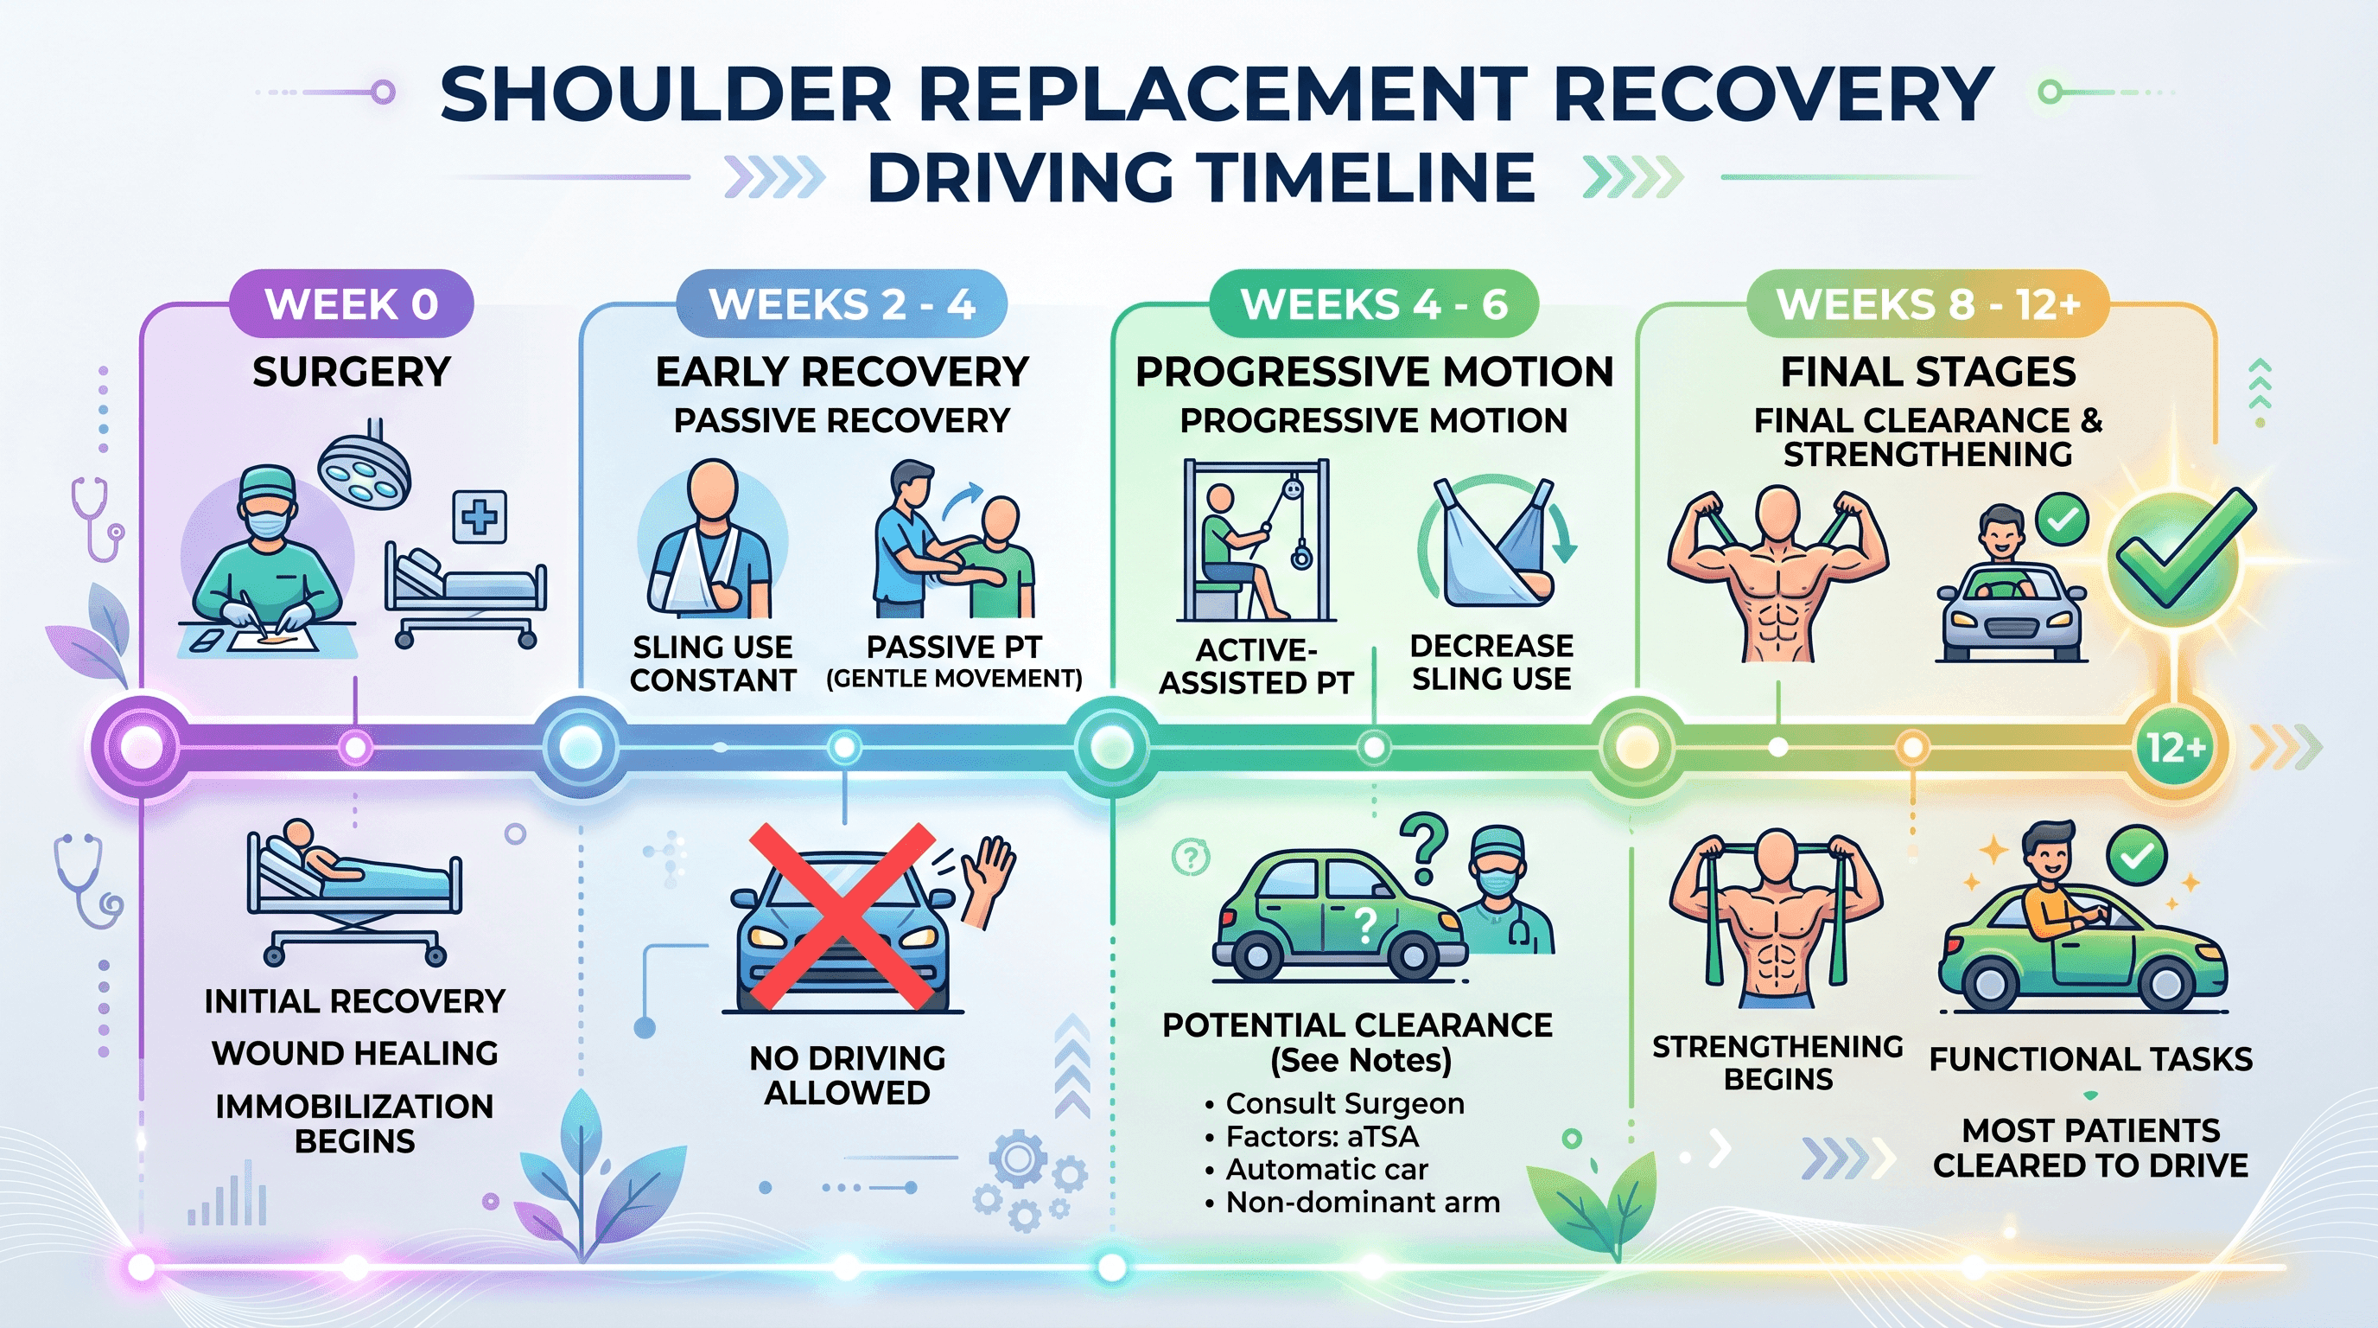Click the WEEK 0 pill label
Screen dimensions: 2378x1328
coord(351,303)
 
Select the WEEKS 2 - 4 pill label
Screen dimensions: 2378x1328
coord(841,303)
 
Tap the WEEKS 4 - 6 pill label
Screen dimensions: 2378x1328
coord(1374,303)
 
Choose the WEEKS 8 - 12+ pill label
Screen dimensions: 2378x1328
coord(1928,303)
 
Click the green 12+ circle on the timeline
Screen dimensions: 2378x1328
coord(2176,747)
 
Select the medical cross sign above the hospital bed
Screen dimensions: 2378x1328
coord(479,516)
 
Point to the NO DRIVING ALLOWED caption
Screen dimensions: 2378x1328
coord(847,1075)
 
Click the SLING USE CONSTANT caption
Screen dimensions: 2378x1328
coord(713,663)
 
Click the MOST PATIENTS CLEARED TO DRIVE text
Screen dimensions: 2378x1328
coord(2090,1148)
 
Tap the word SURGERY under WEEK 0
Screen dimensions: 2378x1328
coord(351,372)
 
